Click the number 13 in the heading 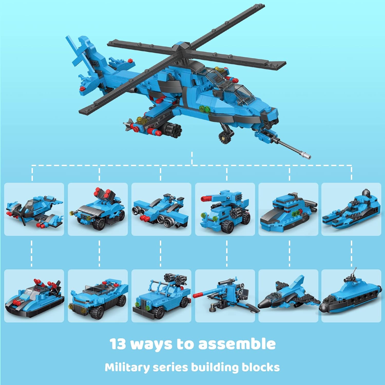click(x=118, y=344)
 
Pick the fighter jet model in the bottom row click(x=289, y=295)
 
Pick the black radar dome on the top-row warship click(x=366, y=193)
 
